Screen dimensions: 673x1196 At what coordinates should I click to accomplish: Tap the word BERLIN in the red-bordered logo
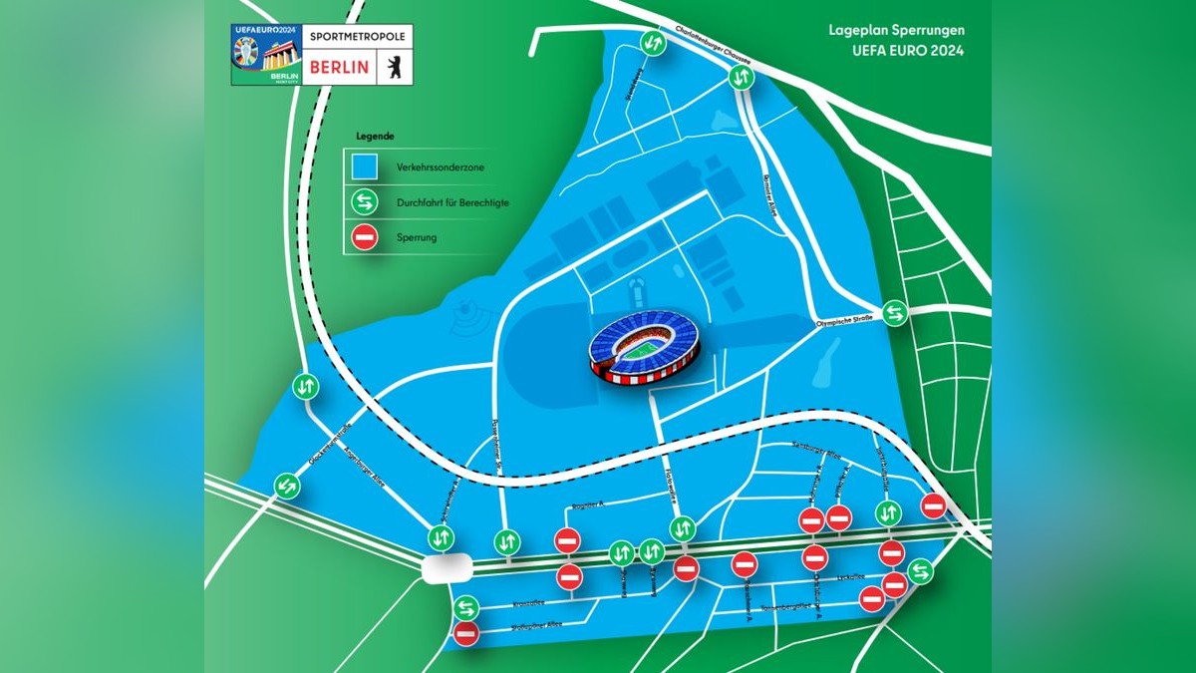click(341, 67)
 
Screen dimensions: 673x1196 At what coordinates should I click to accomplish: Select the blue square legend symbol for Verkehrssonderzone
click(362, 167)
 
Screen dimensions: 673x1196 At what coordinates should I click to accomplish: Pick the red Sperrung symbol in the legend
click(362, 238)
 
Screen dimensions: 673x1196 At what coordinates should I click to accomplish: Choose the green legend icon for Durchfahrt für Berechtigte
click(362, 202)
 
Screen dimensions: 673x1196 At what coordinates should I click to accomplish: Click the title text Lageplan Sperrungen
click(896, 31)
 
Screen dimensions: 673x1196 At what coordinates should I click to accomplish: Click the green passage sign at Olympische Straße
click(895, 313)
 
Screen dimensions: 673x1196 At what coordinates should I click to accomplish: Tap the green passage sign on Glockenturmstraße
click(305, 386)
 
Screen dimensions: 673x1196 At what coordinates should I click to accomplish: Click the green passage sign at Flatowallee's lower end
click(683, 527)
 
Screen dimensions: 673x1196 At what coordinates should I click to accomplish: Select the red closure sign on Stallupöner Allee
click(465, 632)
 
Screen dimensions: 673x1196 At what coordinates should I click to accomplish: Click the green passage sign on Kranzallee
click(465, 607)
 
